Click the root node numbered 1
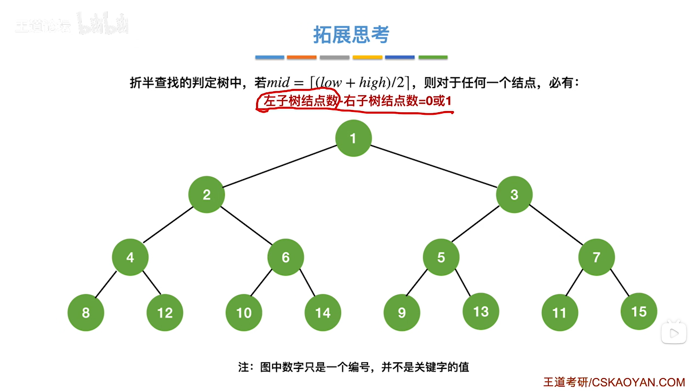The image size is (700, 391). coord(353,138)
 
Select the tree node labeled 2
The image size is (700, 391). coord(206,195)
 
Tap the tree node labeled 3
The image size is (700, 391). coord(514,195)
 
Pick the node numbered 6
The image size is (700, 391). coord(285,257)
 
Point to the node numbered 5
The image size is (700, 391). coord(441,257)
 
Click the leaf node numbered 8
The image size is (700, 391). coord(86,313)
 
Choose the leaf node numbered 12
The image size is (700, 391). coord(165,313)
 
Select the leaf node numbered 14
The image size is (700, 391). coord(322,313)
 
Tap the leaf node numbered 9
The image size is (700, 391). coord(402,313)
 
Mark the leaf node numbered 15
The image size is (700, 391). coord(639,312)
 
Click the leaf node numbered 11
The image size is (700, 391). coord(559,313)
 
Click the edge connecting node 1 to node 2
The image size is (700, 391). coord(280,166)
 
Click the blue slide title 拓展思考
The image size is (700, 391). coord(351,35)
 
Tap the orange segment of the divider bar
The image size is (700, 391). coord(302,57)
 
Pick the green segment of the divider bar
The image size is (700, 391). coord(433,57)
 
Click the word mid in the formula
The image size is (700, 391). coord(278,82)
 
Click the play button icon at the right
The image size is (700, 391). coord(674,333)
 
